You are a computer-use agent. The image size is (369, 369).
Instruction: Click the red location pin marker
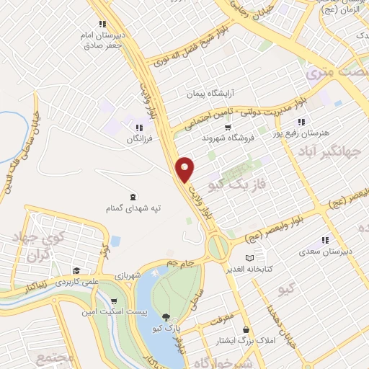tap(186, 169)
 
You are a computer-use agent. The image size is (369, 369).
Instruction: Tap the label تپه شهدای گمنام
tap(130, 208)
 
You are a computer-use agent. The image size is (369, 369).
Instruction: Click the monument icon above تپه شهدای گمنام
tap(131, 196)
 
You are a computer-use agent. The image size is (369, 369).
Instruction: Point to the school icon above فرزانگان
tap(137, 126)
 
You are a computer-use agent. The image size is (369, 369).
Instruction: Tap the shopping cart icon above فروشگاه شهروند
tap(228, 127)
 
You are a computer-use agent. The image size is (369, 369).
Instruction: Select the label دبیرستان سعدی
tap(325, 252)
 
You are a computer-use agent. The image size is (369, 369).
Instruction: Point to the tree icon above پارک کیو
tap(167, 316)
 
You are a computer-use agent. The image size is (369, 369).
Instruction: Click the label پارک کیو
tap(167, 329)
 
